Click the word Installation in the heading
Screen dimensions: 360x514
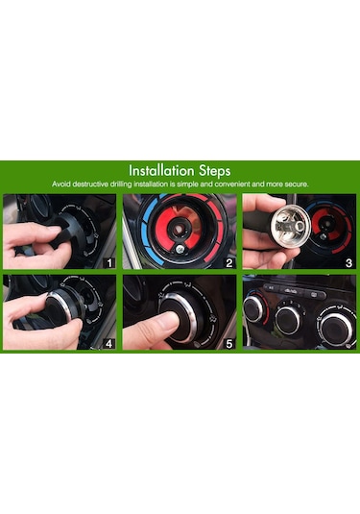click(x=161, y=170)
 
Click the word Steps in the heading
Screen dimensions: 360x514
click(x=214, y=171)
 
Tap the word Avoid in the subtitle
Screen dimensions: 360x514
click(x=60, y=184)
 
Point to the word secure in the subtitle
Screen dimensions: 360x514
click(x=296, y=184)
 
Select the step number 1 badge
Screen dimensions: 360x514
click(x=109, y=262)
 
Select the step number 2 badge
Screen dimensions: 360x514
click(x=229, y=262)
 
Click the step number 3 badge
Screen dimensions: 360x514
click(x=348, y=262)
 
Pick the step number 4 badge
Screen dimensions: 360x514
click(x=109, y=344)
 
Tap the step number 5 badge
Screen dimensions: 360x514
click(x=229, y=344)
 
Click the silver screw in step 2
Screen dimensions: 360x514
click(x=180, y=249)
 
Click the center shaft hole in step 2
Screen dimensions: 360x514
click(x=178, y=230)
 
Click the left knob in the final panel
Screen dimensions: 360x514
click(x=253, y=308)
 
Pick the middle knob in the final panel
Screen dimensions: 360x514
click(x=288, y=319)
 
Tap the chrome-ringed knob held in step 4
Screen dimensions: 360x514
click(x=62, y=309)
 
